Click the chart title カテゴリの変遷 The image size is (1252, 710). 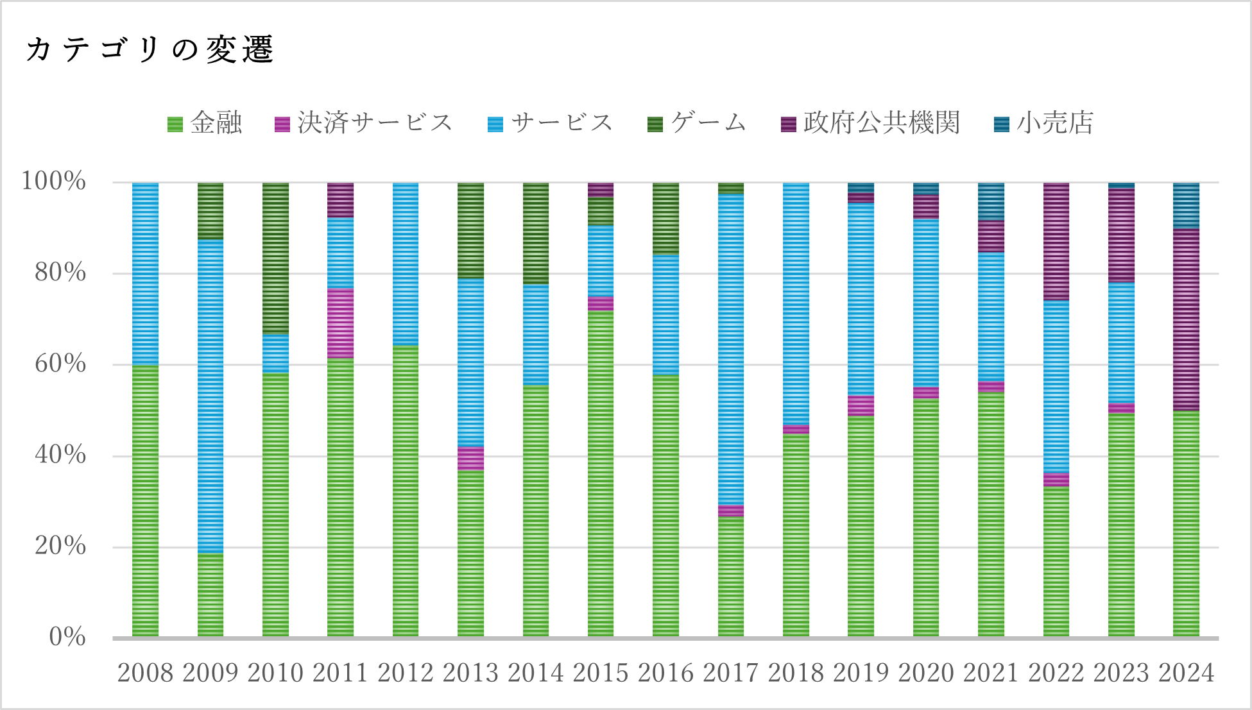pyautogui.click(x=150, y=49)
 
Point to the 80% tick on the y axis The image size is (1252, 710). pyautogui.click(x=60, y=273)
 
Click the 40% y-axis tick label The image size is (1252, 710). pyautogui.click(x=60, y=455)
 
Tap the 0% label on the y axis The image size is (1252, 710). pyautogui.click(x=67, y=638)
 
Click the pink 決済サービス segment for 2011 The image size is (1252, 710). pyautogui.click(x=340, y=323)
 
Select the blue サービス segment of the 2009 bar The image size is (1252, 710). pyautogui.click(x=210, y=396)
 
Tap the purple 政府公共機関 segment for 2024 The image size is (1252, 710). pyautogui.click(x=1186, y=319)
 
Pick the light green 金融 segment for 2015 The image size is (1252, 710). pyautogui.click(x=601, y=473)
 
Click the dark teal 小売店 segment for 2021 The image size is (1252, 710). pyautogui.click(x=991, y=201)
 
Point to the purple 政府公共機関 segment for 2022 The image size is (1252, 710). pyautogui.click(x=1056, y=241)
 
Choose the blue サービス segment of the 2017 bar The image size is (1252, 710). pyautogui.click(x=731, y=350)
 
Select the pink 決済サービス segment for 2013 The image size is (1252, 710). pyautogui.click(x=470, y=459)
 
